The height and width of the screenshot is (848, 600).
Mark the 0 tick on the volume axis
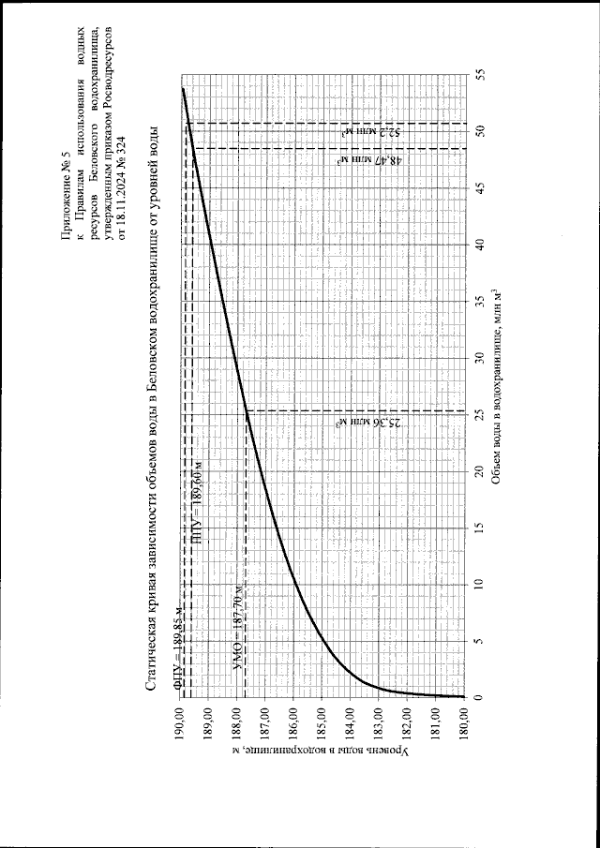[x=480, y=697]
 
